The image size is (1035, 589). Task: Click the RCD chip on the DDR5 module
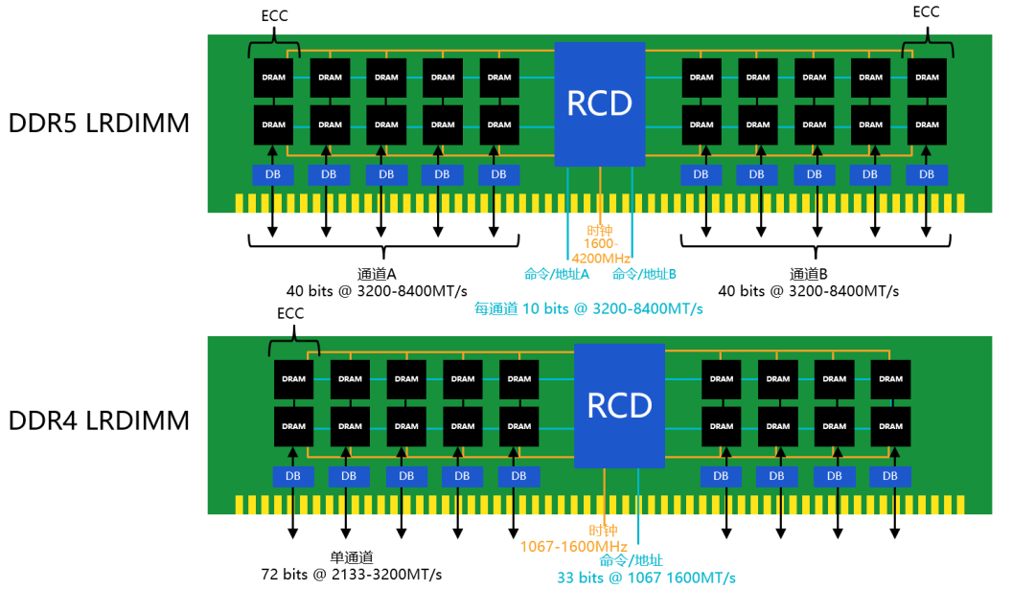pos(600,103)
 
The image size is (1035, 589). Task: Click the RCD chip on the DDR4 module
pos(619,404)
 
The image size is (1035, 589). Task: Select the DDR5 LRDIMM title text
pos(99,124)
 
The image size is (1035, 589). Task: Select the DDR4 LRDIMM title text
pos(99,420)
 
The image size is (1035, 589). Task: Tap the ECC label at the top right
pos(926,11)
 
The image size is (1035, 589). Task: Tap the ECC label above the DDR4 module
pos(290,313)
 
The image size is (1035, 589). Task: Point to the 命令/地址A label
pos(556,274)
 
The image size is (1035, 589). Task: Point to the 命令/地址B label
pos(644,274)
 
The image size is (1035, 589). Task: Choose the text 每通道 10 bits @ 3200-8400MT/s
pos(588,308)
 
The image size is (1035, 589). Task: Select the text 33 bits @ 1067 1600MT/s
pos(646,577)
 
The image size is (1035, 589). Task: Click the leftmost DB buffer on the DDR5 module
pos(273,174)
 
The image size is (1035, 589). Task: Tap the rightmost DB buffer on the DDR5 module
pos(927,174)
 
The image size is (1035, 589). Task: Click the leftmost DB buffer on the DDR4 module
pos(293,476)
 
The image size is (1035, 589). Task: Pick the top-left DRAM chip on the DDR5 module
pos(273,78)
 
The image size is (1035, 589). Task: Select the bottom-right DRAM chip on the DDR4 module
pos(891,426)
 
